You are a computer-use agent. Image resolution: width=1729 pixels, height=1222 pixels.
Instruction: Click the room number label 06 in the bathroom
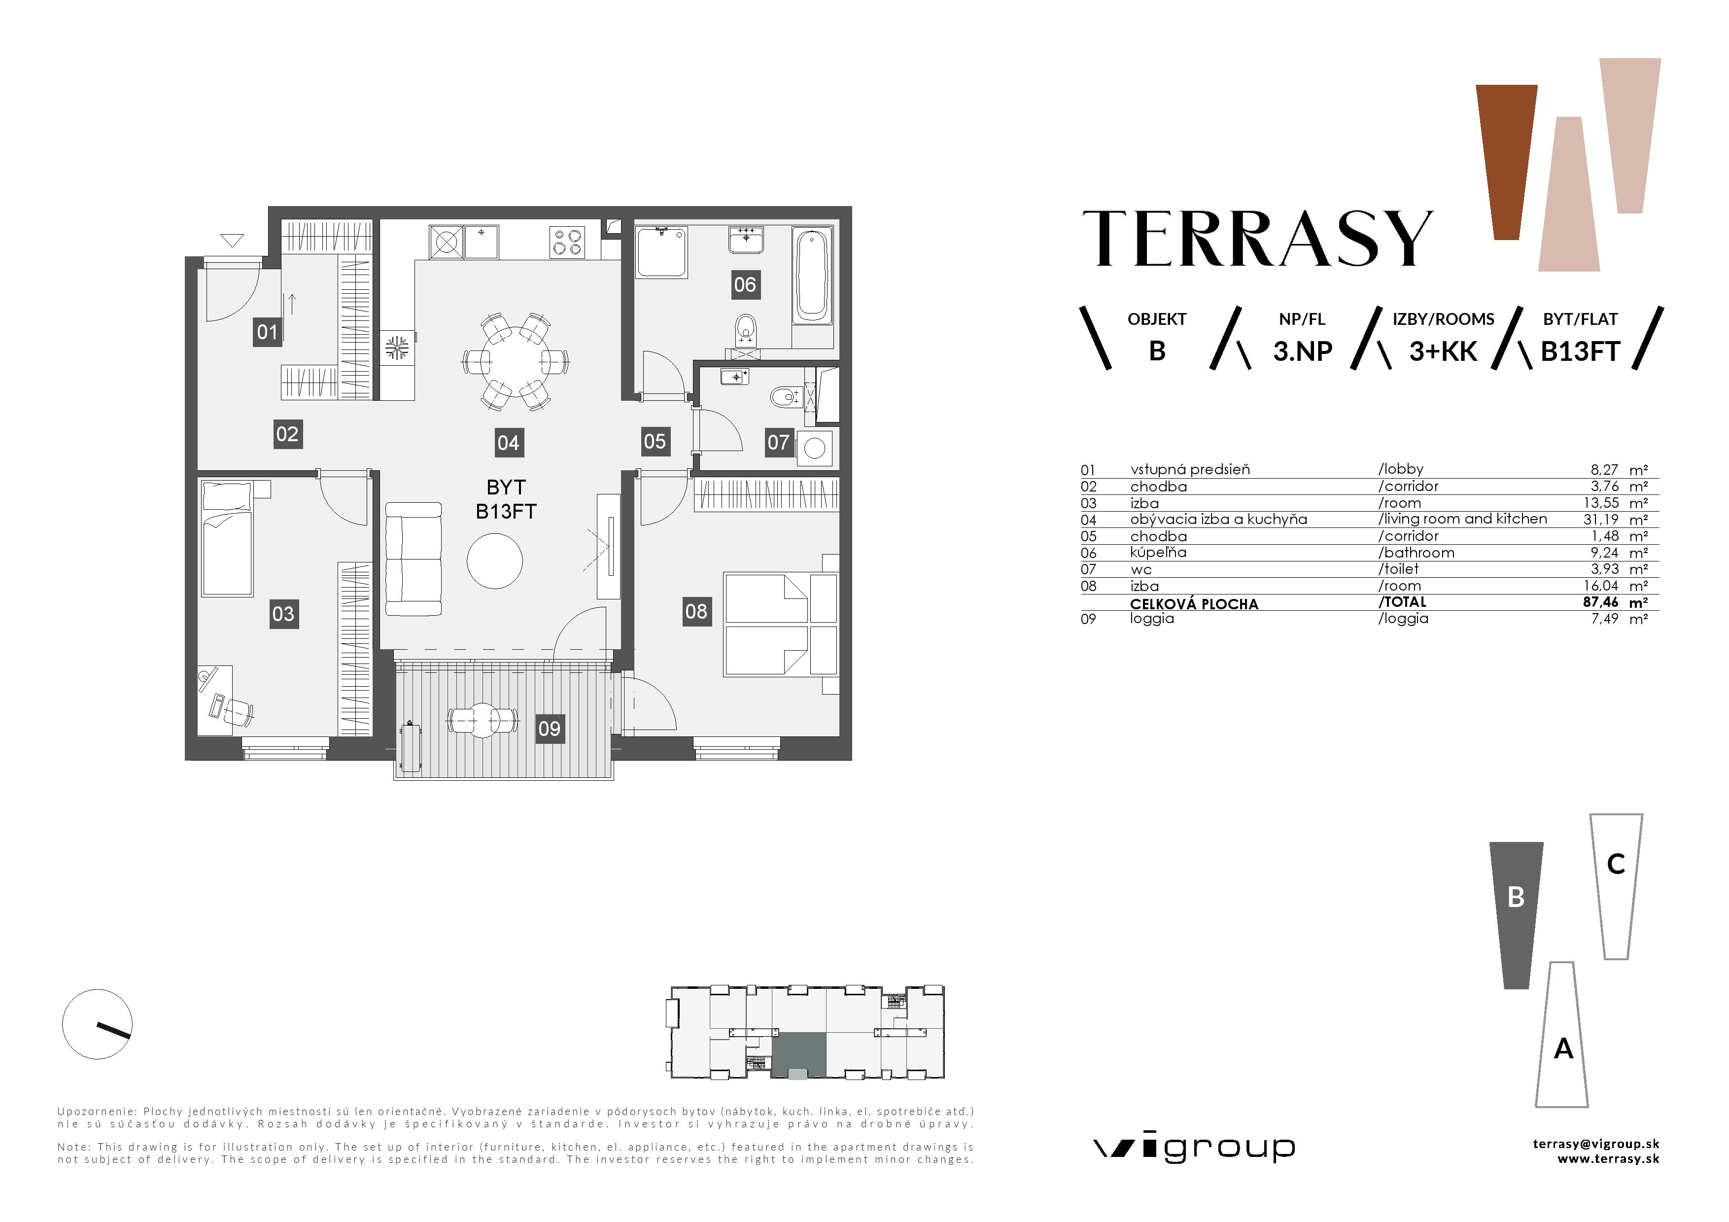(x=744, y=284)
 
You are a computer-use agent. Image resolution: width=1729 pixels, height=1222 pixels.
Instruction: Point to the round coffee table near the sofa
(x=495, y=561)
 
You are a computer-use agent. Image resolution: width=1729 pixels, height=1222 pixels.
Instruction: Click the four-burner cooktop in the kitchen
(x=567, y=242)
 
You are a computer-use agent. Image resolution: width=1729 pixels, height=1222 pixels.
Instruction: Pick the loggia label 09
(x=549, y=728)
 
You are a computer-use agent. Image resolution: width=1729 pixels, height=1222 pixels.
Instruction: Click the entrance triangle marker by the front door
(x=232, y=241)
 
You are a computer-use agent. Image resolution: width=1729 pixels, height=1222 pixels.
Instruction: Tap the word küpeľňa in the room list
(x=1158, y=553)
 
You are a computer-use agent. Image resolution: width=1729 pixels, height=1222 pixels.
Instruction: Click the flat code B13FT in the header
(x=1580, y=351)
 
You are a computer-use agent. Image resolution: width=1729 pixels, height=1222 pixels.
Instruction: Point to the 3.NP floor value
(x=1302, y=351)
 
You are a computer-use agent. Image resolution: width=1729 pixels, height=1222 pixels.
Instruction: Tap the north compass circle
(x=97, y=1024)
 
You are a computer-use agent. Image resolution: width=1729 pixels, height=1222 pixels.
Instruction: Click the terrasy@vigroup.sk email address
(x=1595, y=1144)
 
